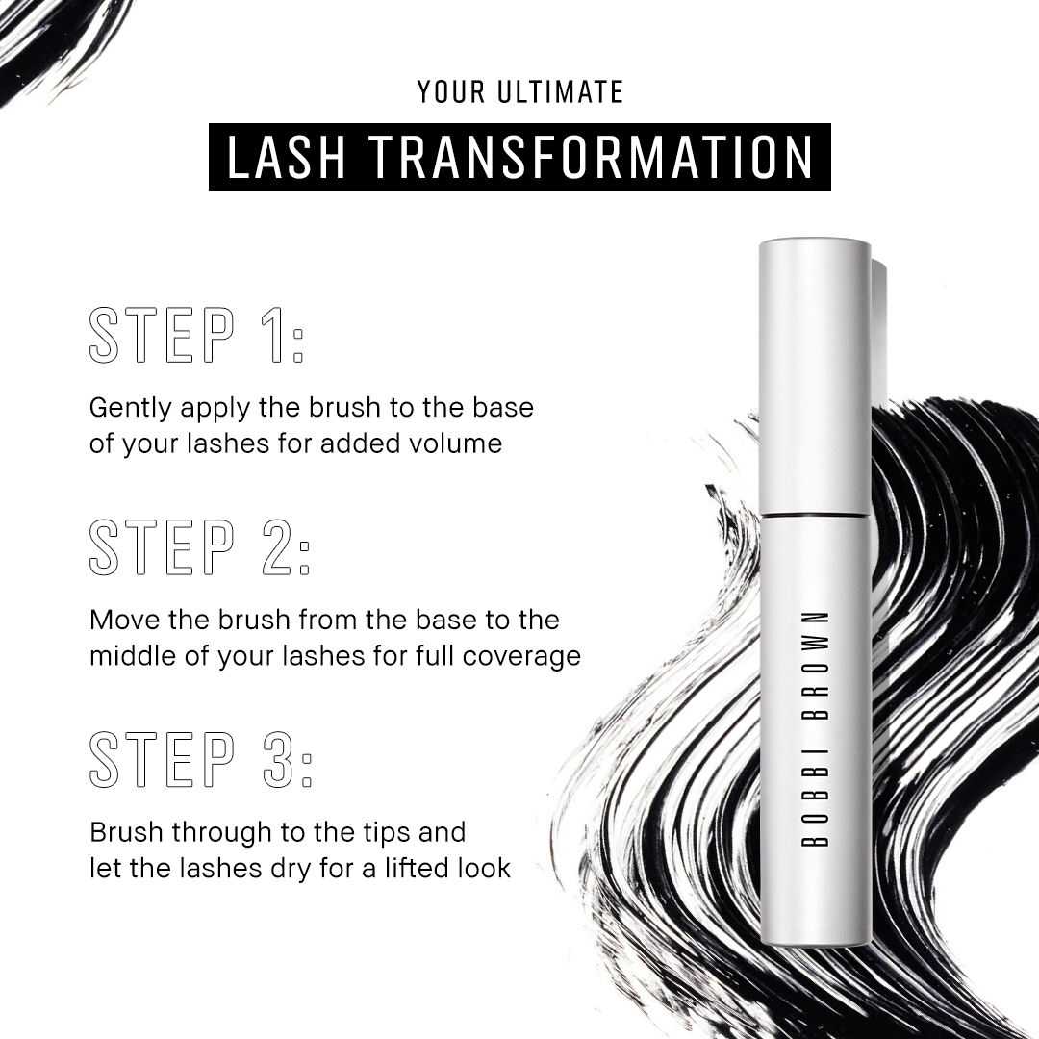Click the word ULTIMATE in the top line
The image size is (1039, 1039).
click(x=560, y=92)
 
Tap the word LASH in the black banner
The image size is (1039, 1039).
click(x=287, y=157)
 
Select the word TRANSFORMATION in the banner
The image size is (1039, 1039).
click(x=591, y=157)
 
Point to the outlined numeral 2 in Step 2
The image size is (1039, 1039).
click(x=276, y=546)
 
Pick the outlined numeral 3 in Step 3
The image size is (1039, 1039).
click(x=278, y=759)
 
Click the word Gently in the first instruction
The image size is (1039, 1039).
click(x=131, y=408)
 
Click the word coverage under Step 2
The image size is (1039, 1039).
click(x=521, y=657)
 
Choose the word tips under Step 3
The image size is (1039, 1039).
click(x=384, y=833)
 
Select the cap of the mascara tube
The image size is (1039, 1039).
click(x=815, y=376)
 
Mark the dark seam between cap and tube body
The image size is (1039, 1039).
click(x=815, y=514)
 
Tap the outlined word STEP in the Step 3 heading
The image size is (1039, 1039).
click(x=163, y=759)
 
